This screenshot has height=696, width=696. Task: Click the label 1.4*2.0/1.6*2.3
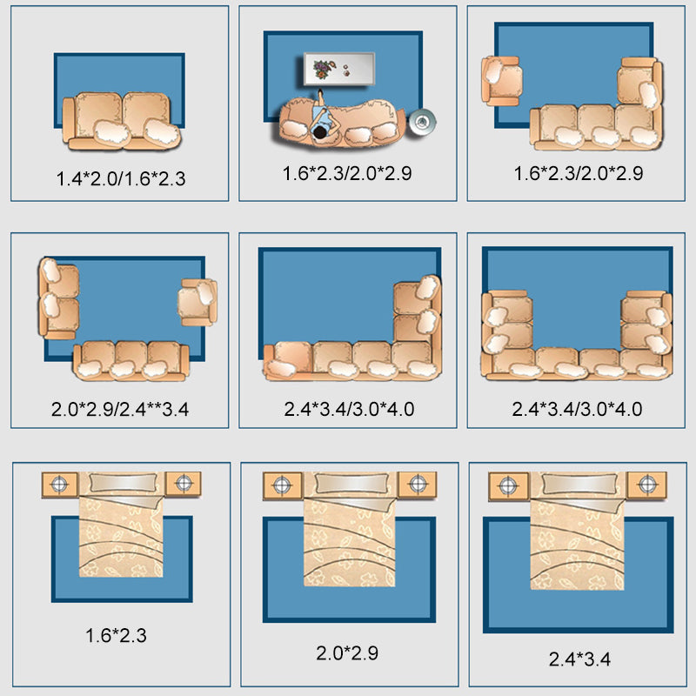(x=121, y=178)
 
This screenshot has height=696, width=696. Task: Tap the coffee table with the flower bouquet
(x=339, y=69)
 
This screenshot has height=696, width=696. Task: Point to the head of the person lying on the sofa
(x=319, y=132)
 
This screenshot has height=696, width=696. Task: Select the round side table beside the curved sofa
(x=422, y=121)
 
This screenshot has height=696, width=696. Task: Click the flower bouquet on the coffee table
(x=322, y=70)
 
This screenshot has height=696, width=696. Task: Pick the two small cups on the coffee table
(x=345, y=70)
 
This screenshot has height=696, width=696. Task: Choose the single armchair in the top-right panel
(x=502, y=81)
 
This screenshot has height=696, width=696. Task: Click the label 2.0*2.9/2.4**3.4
(x=120, y=409)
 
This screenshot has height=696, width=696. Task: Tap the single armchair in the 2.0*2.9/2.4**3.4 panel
(x=197, y=302)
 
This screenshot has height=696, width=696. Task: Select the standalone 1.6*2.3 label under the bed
(x=116, y=635)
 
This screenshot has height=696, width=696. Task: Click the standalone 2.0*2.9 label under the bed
(x=347, y=653)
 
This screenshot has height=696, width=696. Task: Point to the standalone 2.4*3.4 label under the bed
(x=579, y=659)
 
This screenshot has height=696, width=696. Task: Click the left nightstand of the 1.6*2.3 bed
(x=60, y=485)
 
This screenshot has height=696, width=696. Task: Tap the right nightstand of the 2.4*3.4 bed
(x=646, y=485)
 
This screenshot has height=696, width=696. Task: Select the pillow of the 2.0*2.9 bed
(x=351, y=484)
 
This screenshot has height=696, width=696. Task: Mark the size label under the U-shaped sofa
(x=577, y=409)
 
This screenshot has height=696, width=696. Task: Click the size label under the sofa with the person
(x=347, y=173)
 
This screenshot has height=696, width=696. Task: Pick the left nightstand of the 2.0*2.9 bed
(x=282, y=485)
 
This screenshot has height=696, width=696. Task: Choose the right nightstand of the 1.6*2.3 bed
(x=184, y=484)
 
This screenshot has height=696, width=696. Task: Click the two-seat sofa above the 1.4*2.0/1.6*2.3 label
(x=122, y=121)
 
